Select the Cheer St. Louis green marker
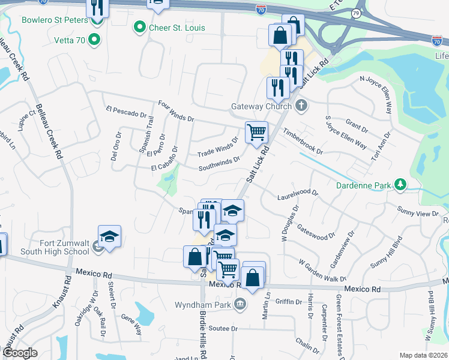click(140, 28)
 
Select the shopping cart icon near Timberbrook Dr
click(257, 132)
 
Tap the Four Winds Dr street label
click(176, 110)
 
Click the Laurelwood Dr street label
click(298, 196)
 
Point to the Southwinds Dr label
click(220, 164)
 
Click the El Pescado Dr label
click(125, 112)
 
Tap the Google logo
click(20, 353)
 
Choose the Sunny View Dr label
click(418, 211)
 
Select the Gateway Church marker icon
click(302, 106)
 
